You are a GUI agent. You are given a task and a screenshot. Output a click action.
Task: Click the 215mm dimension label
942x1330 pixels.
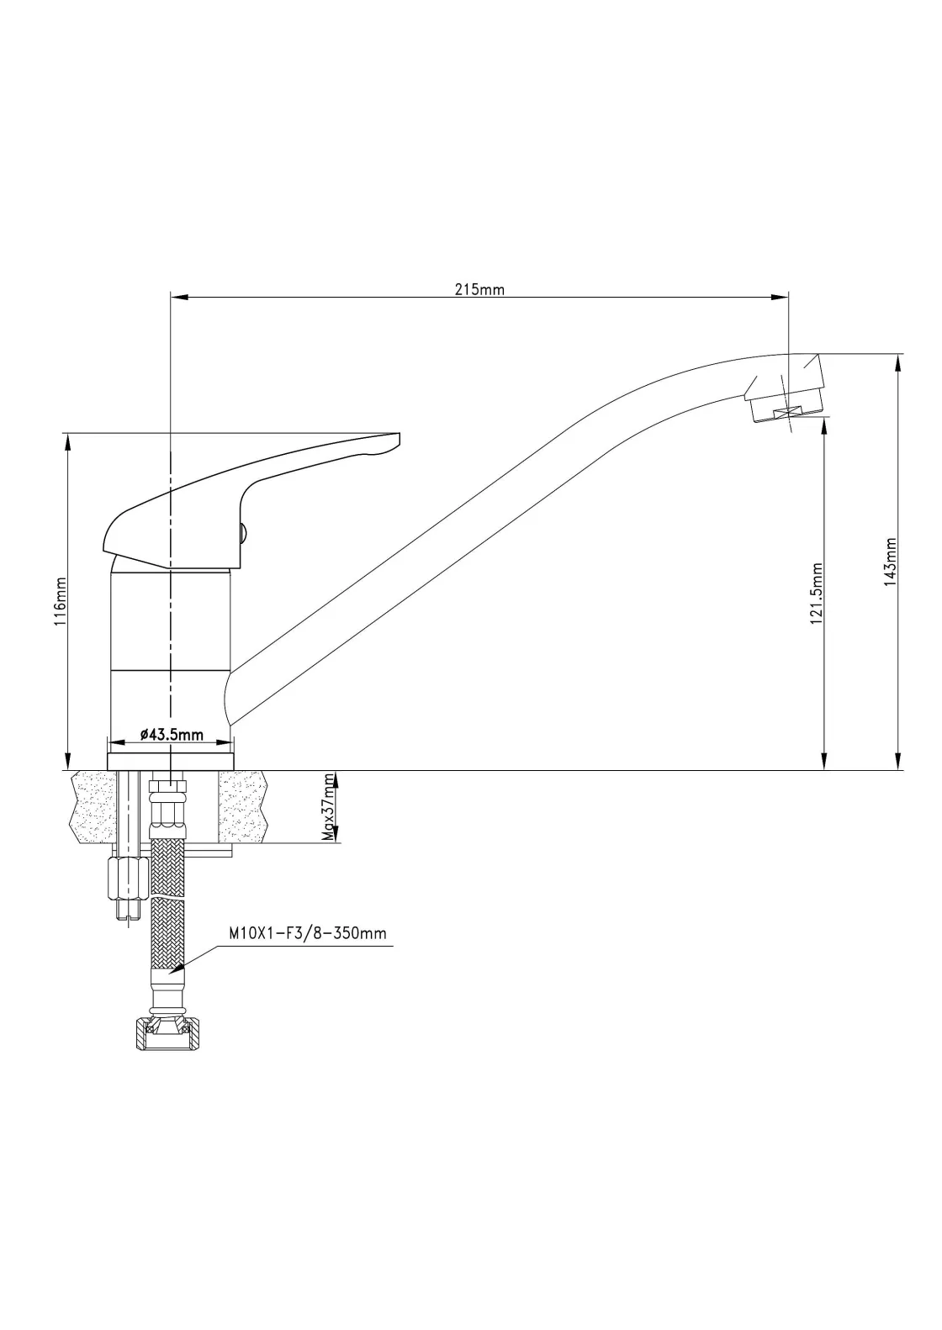click(x=479, y=289)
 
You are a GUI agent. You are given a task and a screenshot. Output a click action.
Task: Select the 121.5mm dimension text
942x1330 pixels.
click(x=816, y=594)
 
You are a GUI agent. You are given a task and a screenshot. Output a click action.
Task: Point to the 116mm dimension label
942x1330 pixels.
click(x=61, y=601)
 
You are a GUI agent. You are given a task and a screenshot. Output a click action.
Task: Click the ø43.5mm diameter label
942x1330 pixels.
click(x=172, y=735)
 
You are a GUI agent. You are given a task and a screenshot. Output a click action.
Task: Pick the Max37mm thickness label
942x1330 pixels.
click(x=327, y=807)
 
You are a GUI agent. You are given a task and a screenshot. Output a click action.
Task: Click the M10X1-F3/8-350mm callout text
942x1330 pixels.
click(x=308, y=933)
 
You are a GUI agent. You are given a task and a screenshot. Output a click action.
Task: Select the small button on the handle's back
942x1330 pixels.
click(x=244, y=531)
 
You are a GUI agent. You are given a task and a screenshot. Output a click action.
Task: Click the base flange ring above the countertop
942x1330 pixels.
click(x=170, y=761)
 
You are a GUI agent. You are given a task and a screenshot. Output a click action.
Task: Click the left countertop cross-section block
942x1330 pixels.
click(x=92, y=806)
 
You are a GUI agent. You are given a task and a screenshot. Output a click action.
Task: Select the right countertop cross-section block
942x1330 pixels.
click(x=242, y=806)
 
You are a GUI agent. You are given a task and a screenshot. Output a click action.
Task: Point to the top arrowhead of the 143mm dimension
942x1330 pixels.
click(x=898, y=363)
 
